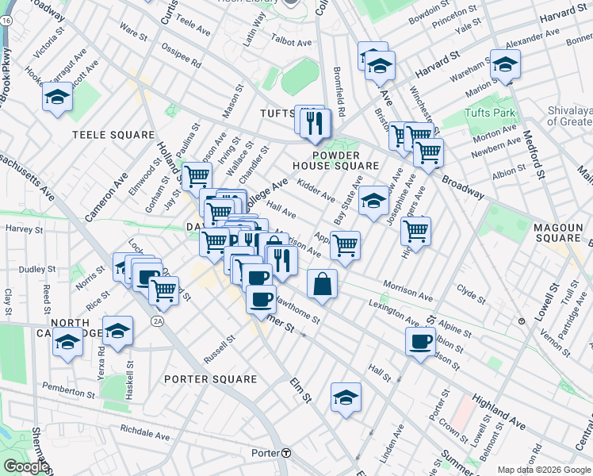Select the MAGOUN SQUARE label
[x=558, y=232]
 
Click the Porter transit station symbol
[x=286, y=453]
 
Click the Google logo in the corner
[x=25, y=467]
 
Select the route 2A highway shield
[x=158, y=321]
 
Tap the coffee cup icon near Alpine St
[x=420, y=342]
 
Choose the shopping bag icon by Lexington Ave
[x=322, y=284]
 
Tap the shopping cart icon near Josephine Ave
[x=415, y=231]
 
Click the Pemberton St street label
[x=69, y=391]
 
